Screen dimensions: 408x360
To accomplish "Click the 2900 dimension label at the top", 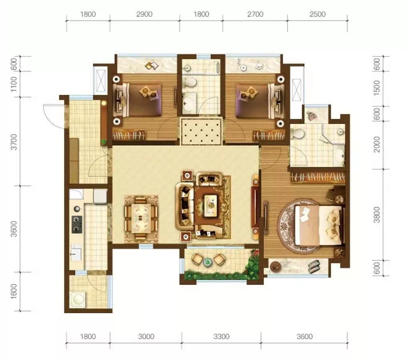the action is [x=144, y=14].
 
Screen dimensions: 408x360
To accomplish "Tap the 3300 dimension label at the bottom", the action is [x=221, y=336].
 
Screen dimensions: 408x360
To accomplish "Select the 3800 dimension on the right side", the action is [x=376, y=215].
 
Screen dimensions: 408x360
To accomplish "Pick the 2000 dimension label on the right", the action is [x=376, y=144].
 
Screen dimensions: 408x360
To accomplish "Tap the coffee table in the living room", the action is [x=210, y=206].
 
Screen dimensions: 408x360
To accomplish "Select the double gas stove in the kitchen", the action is [x=77, y=224].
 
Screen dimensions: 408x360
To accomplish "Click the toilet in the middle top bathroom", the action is [x=189, y=82].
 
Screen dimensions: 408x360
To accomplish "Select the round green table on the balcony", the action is [x=208, y=262].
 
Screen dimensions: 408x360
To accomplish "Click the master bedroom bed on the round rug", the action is [x=319, y=225].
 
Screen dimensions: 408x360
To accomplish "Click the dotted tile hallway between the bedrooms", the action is [x=201, y=131].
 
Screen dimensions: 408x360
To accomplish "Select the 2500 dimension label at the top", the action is [x=318, y=14].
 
